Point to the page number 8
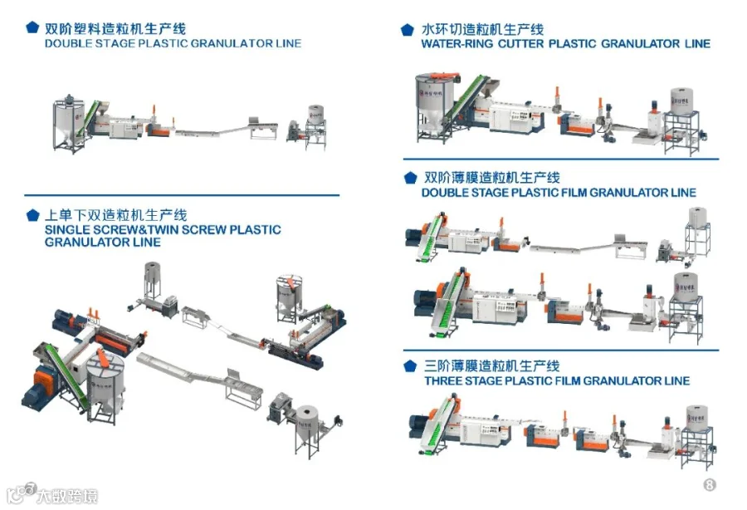pos(710,485)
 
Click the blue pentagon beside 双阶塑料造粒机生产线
pos(32,27)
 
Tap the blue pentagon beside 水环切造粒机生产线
pos(408,30)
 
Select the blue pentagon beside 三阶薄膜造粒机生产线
pos(410,366)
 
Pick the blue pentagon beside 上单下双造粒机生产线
pos(33,215)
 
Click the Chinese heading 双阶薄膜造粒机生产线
pos(492,178)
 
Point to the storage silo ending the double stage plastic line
pos(315,115)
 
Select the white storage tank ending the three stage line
pos(696,419)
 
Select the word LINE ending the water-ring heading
pos(697,44)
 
